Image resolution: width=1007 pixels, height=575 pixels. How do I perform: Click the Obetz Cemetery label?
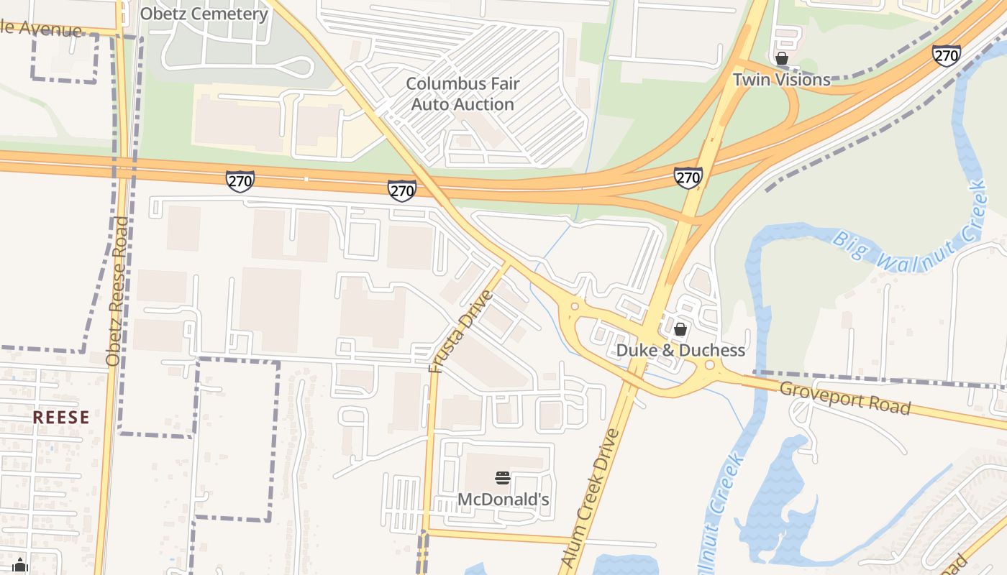(204, 14)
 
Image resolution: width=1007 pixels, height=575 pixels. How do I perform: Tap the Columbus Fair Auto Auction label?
(463, 93)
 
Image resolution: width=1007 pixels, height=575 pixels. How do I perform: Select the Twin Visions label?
(781, 80)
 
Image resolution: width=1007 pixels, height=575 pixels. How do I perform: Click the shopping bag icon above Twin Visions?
(782, 58)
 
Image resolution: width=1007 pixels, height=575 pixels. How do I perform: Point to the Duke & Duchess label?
(680, 351)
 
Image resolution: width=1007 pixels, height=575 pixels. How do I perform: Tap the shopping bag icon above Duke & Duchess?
(680, 330)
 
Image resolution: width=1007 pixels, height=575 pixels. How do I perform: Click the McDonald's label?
(503, 499)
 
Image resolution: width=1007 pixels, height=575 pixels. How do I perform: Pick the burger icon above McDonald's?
(503, 478)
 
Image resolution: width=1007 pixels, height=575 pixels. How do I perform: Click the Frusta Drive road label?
(460, 331)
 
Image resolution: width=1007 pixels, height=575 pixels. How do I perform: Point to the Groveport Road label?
(845, 397)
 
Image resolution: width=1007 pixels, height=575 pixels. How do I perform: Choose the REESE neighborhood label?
(61, 418)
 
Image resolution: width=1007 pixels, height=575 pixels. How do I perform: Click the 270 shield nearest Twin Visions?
(946, 55)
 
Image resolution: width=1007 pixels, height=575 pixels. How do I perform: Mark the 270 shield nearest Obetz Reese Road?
(240, 180)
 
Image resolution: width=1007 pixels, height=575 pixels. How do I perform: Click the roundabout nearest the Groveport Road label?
(710, 366)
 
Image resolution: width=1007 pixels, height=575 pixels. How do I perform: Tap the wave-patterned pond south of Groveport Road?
(777, 496)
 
